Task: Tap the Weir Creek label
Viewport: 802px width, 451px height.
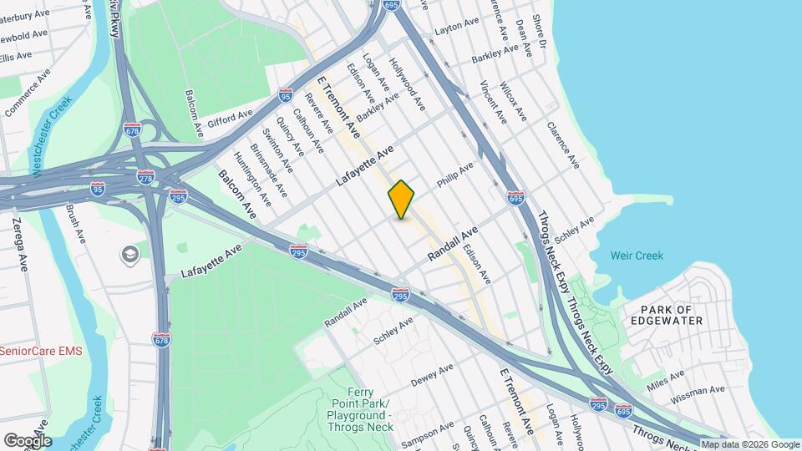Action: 637,256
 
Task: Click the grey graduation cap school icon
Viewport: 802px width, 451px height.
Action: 129,253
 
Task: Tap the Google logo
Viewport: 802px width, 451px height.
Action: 27,441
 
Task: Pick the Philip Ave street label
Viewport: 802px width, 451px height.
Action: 454,175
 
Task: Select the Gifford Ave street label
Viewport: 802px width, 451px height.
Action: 230,120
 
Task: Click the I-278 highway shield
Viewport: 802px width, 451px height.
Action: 145,179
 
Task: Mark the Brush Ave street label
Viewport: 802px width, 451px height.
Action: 75,225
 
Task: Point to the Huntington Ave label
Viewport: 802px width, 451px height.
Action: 252,180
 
